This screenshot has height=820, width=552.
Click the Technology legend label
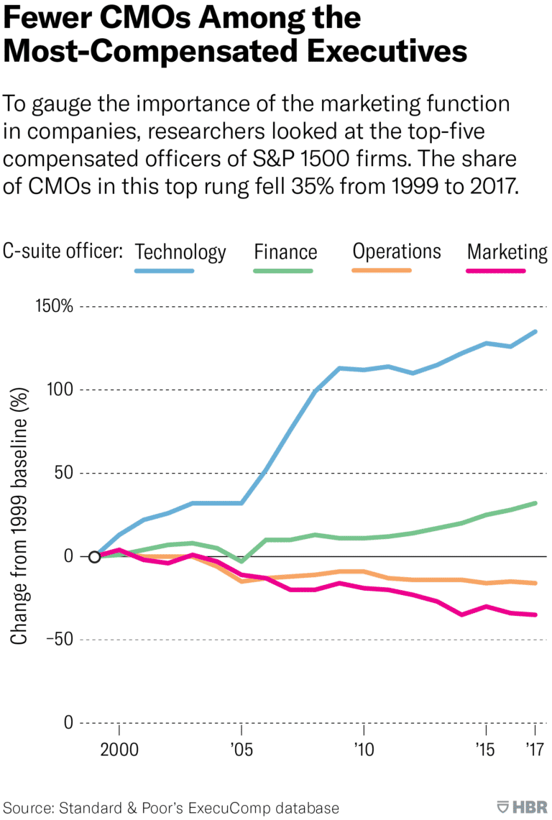(x=180, y=252)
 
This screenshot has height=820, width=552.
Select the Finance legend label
(x=285, y=252)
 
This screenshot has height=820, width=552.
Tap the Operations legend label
(x=397, y=251)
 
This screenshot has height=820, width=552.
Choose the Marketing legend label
(x=507, y=252)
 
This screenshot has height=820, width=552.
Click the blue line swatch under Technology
(x=165, y=271)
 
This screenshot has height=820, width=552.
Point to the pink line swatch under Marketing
(x=496, y=271)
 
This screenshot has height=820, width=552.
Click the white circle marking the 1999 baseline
(x=94, y=556)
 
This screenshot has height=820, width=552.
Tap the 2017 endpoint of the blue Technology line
(x=535, y=331)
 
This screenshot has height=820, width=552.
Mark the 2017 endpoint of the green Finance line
(x=535, y=503)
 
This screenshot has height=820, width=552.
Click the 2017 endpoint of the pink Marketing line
(x=535, y=614)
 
